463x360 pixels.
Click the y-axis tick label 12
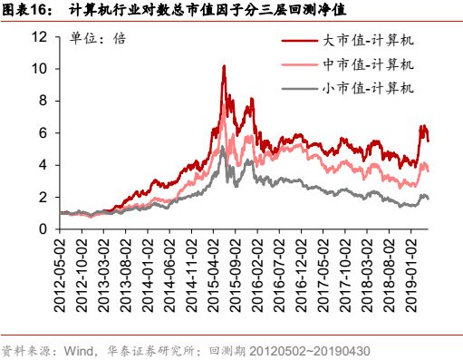[38, 36]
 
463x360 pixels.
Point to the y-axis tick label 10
[38, 68]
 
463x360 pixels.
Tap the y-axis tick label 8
[42, 101]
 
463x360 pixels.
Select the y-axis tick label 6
[42, 132]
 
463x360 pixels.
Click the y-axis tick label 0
[42, 229]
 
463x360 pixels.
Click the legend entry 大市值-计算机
[367, 42]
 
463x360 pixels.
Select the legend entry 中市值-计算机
[367, 64]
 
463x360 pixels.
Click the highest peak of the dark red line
[223, 65]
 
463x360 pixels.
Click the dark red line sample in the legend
[300, 42]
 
